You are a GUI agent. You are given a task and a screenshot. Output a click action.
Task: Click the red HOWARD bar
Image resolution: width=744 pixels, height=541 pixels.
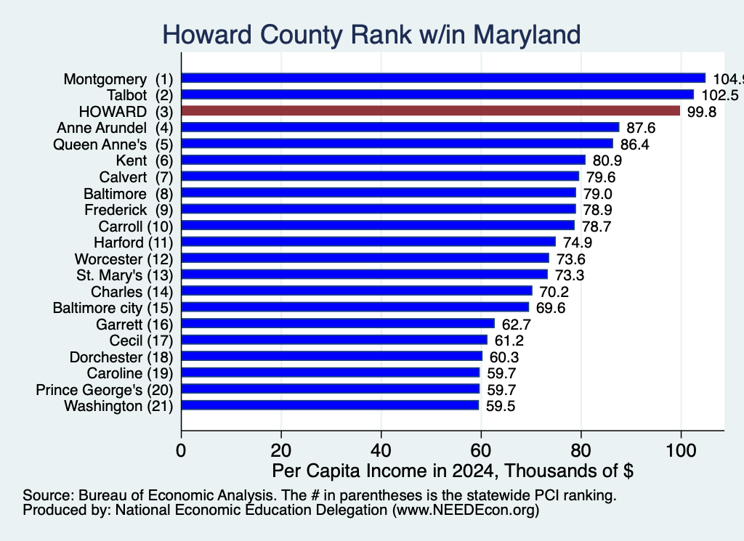pyautogui.click(x=430, y=111)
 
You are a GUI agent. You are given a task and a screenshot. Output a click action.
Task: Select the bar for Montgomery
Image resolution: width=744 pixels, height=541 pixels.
pyautogui.click(x=443, y=78)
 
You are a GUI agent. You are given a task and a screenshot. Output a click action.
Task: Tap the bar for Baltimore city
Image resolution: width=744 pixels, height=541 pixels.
pyautogui.click(x=355, y=307)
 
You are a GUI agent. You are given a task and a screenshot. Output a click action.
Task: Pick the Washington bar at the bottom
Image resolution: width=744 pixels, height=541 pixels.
pyautogui.click(x=330, y=405)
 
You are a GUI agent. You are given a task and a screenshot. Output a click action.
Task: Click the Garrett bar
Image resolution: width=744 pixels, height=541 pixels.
pyautogui.click(x=338, y=324)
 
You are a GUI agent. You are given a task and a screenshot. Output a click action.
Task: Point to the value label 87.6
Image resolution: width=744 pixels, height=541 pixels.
pyautogui.click(x=641, y=128)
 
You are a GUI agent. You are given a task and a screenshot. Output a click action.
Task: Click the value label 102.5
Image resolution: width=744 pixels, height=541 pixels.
pyautogui.click(x=720, y=95)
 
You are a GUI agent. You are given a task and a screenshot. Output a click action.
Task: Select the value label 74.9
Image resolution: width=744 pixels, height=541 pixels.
pyautogui.click(x=578, y=243)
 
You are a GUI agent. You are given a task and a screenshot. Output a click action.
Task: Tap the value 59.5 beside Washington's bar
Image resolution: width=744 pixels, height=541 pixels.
pyautogui.click(x=501, y=407)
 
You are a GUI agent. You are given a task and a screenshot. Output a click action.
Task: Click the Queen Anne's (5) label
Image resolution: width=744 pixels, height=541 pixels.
pyautogui.click(x=113, y=145)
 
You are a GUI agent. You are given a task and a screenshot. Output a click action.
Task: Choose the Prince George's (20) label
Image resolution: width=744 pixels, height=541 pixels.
pyautogui.click(x=105, y=390)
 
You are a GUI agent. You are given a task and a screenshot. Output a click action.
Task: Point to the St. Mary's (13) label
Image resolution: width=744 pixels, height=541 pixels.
pyautogui.click(x=125, y=275)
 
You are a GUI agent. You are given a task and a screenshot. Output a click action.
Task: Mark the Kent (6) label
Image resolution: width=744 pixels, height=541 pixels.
pyautogui.click(x=145, y=160)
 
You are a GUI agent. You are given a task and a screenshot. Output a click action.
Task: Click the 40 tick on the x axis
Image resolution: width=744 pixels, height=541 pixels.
pyautogui.click(x=381, y=450)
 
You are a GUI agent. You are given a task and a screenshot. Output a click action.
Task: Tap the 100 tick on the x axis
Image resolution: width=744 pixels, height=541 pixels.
pyautogui.click(x=681, y=450)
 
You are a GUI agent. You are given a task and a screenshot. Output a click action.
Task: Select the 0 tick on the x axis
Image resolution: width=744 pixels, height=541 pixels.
pyautogui.click(x=181, y=450)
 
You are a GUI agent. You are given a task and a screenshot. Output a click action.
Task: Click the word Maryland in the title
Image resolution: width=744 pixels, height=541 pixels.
pyautogui.click(x=527, y=35)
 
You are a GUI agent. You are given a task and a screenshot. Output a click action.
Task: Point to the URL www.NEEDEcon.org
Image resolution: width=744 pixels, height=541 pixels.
pyautogui.click(x=466, y=511)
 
